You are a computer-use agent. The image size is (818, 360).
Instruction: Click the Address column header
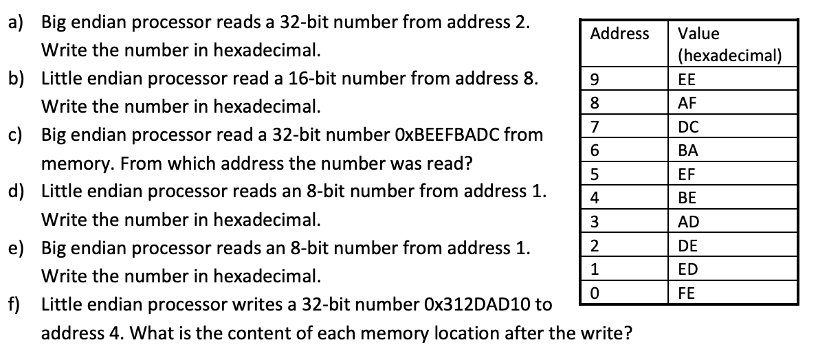click(x=619, y=34)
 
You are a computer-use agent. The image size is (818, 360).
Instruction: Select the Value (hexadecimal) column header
click(x=729, y=44)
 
